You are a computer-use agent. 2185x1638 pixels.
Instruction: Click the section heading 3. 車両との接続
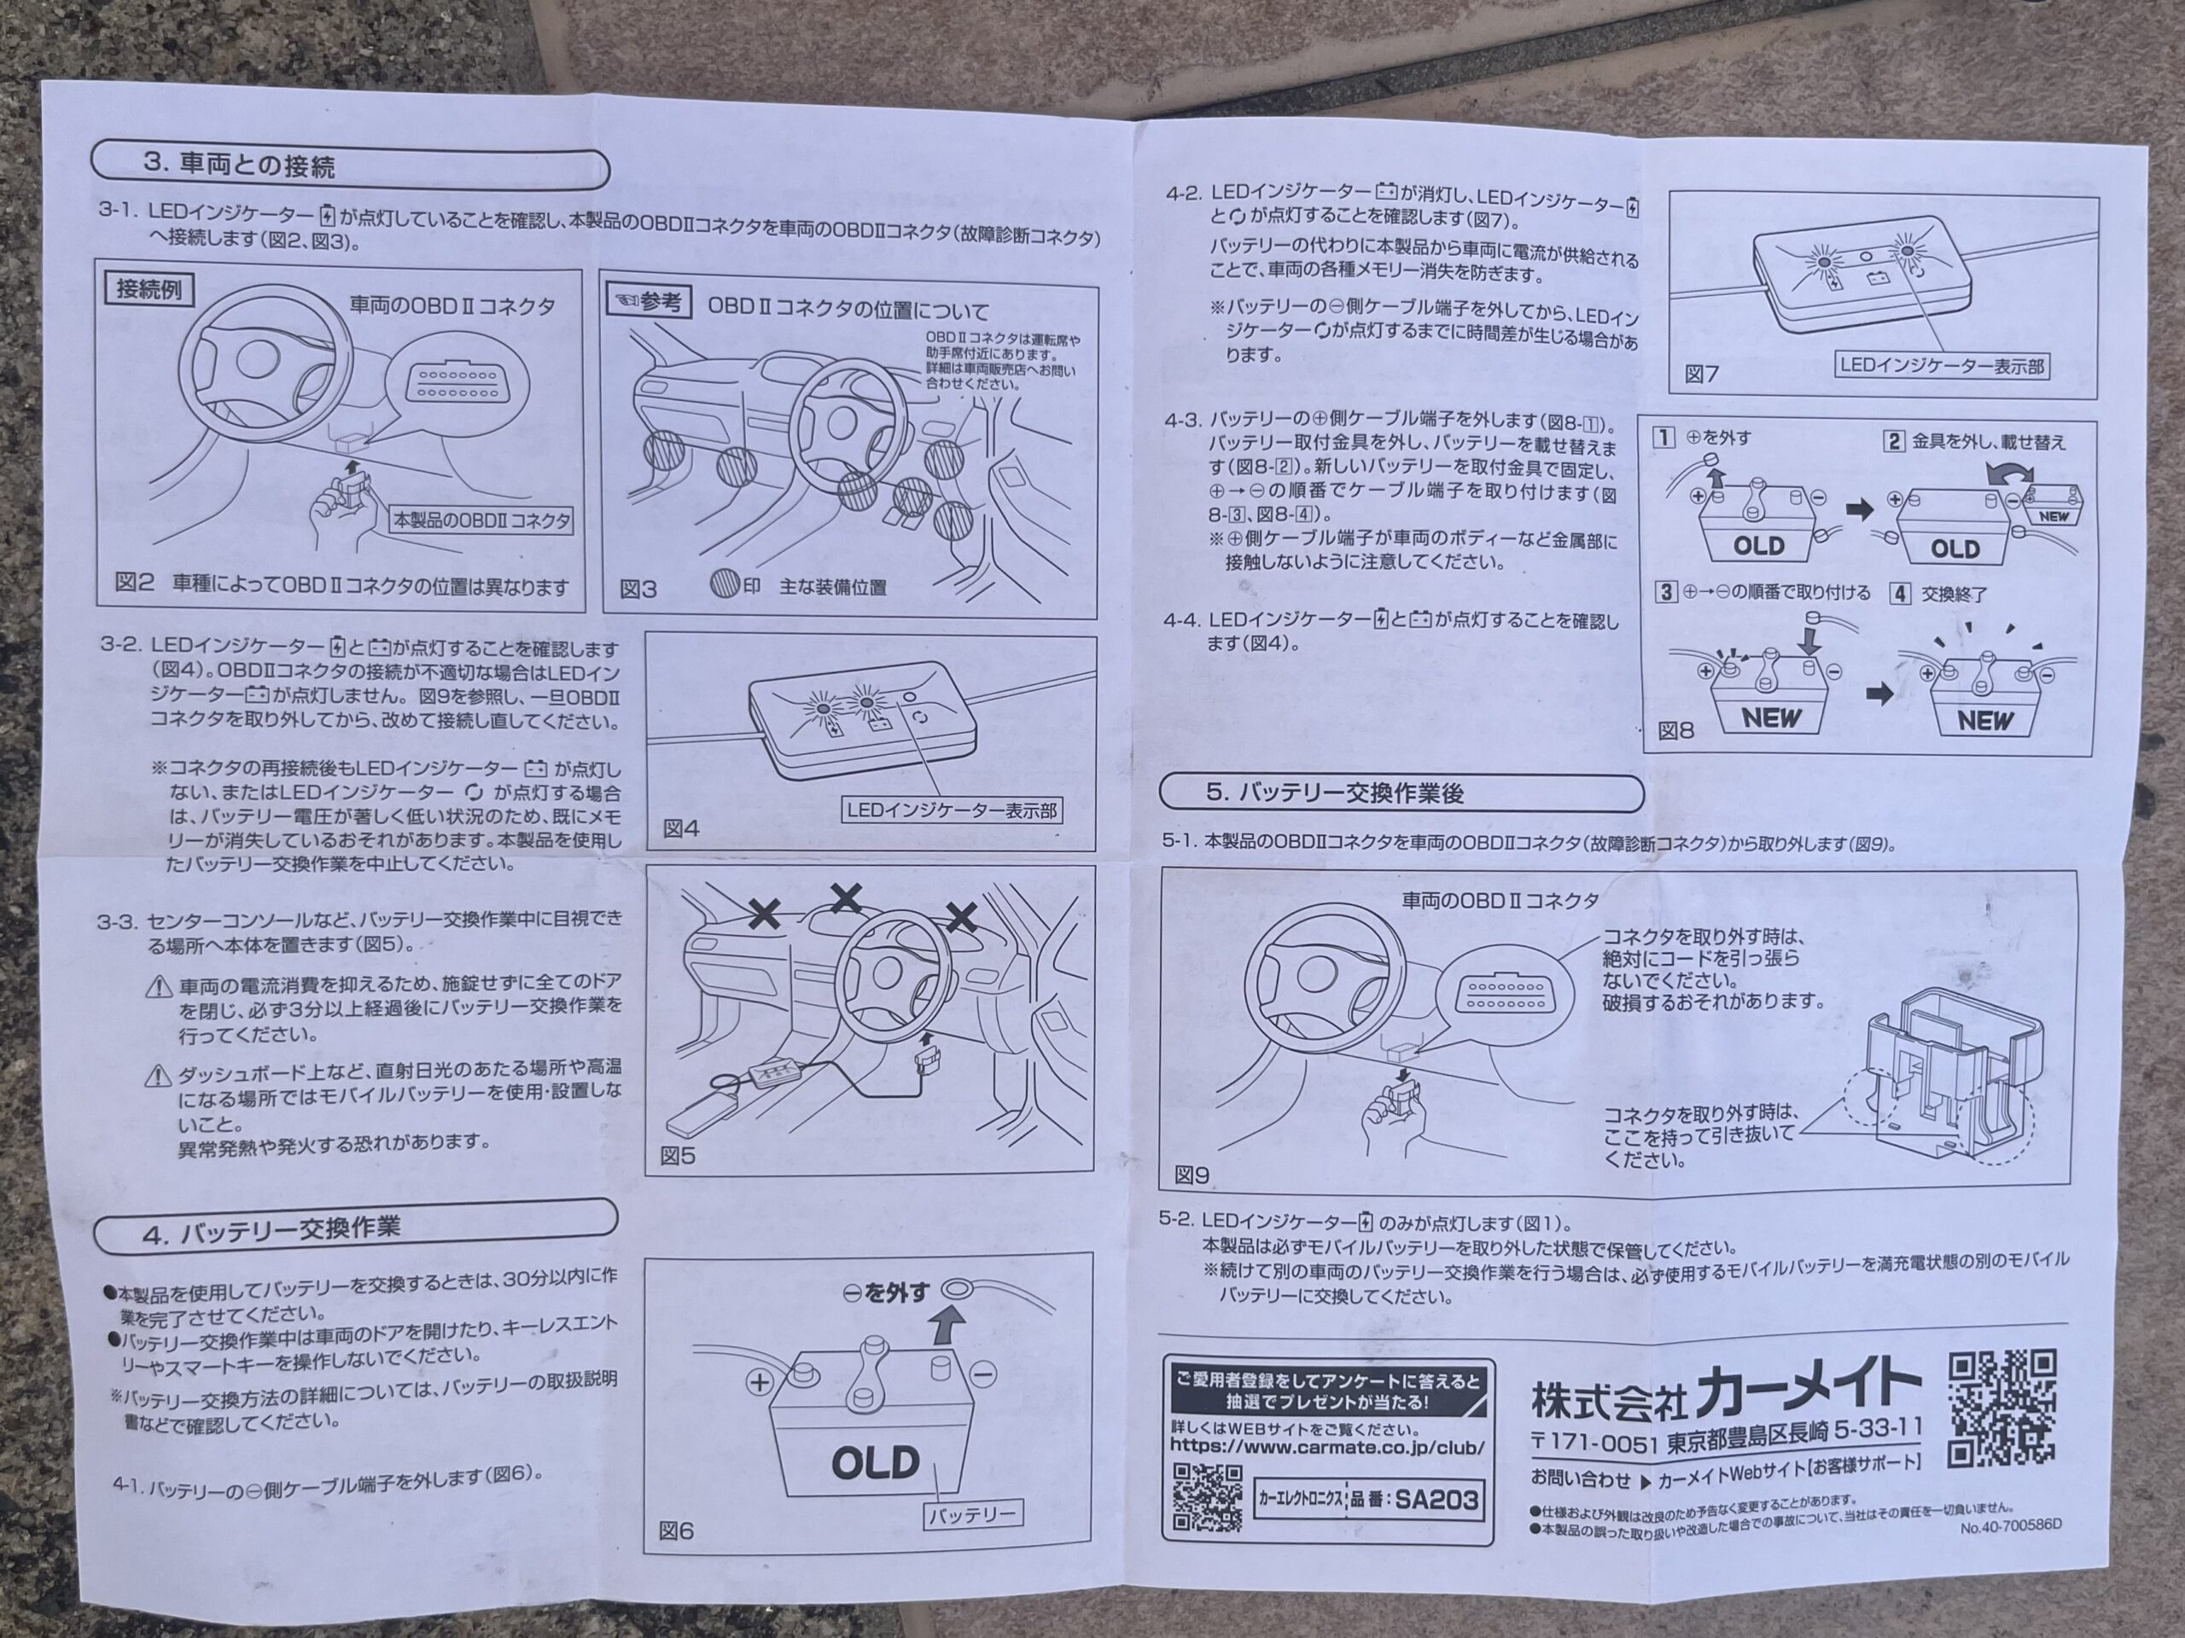tap(239, 165)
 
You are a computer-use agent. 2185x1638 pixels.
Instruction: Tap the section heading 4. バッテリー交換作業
tap(271, 1231)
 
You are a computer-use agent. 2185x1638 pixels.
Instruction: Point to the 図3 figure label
tap(638, 590)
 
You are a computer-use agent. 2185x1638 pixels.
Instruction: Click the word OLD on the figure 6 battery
tap(875, 1463)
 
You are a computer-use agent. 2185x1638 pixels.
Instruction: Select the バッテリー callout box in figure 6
tap(973, 1513)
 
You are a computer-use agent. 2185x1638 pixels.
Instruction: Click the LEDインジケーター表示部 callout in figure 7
tap(1942, 365)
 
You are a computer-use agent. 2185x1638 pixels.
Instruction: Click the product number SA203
tap(1437, 1501)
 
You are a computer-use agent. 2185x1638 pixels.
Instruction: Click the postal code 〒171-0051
tap(1594, 1443)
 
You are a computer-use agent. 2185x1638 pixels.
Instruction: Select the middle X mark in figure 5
tap(846, 897)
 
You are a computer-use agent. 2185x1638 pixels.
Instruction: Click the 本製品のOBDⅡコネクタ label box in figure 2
tap(482, 520)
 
